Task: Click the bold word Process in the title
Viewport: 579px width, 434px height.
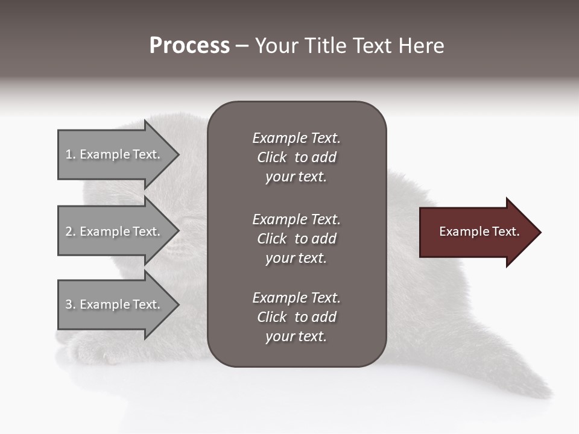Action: click(x=189, y=46)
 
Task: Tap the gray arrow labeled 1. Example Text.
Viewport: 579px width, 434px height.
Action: click(x=115, y=154)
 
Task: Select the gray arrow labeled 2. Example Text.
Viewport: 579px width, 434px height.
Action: click(x=115, y=231)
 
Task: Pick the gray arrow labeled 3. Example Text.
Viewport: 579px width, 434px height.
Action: click(x=115, y=304)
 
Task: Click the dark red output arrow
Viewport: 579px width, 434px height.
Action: click(x=476, y=232)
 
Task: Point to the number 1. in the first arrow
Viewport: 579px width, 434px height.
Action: click(x=71, y=154)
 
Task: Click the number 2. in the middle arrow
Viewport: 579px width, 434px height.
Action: click(x=71, y=231)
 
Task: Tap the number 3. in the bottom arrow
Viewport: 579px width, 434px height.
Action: click(x=71, y=304)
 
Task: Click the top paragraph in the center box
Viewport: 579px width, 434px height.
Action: click(x=296, y=157)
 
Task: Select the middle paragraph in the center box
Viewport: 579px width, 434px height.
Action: click(x=296, y=239)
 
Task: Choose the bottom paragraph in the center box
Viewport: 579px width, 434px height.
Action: click(x=296, y=317)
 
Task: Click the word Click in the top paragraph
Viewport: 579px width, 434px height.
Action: click(x=271, y=157)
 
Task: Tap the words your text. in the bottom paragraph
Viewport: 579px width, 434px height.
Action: click(x=296, y=336)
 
